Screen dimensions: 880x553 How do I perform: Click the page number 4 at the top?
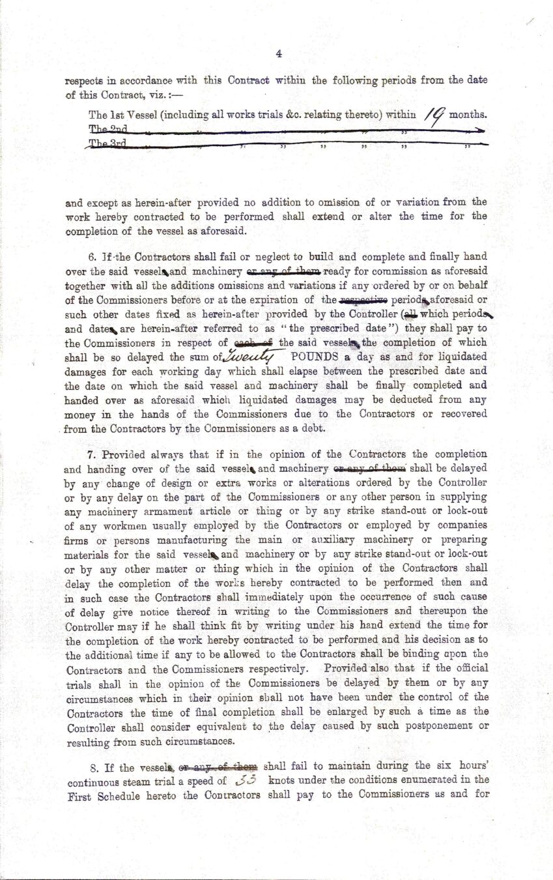click(278, 54)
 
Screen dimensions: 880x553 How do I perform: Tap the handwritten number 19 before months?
click(434, 115)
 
